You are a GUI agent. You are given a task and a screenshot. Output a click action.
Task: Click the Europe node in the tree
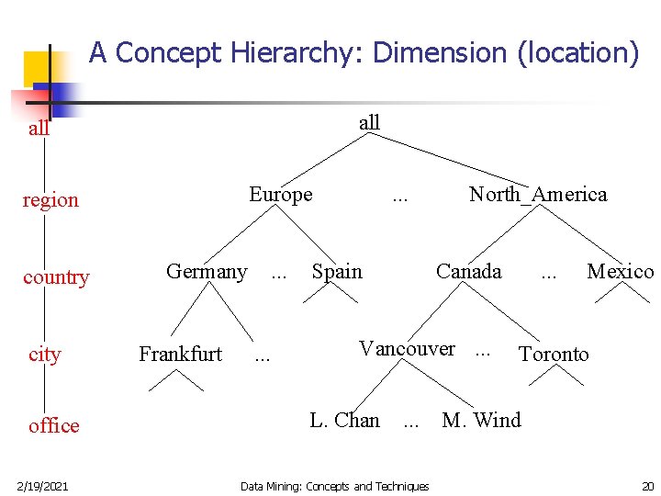281,194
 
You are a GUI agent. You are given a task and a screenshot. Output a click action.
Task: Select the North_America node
538,194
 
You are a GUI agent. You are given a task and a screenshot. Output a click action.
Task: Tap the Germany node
207,271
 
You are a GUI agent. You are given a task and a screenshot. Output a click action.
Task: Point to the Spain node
337,271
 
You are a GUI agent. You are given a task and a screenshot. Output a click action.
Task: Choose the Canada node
468,271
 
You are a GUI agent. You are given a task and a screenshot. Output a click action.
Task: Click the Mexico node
620,271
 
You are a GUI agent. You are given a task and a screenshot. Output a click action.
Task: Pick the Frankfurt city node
180,354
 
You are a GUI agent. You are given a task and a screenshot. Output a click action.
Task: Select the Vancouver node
407,348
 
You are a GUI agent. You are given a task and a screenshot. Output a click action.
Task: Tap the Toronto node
554,354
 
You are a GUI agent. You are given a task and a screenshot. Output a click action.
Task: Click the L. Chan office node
344,420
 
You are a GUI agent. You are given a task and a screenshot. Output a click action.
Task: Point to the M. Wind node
481,420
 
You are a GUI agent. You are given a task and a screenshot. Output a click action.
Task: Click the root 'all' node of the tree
369,122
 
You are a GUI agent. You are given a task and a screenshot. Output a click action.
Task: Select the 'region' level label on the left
50,199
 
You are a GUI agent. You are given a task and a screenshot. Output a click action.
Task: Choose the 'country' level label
56,276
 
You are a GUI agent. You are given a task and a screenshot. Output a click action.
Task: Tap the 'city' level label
44,354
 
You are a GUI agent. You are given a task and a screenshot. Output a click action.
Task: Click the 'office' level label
54,425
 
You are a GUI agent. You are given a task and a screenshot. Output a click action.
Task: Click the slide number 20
647,485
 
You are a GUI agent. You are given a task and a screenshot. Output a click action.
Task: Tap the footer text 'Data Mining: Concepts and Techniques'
334,486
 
